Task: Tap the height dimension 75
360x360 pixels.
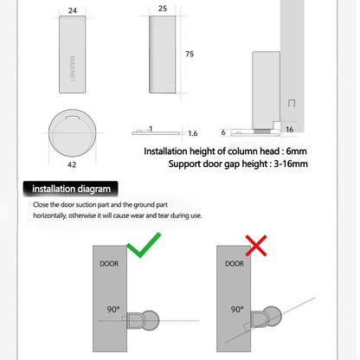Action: [x=189, y=54]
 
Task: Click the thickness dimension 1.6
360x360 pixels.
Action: [x=192, y=134]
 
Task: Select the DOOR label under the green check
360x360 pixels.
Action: [x=110, y=263]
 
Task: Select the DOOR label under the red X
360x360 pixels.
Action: [x=234, y=263]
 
